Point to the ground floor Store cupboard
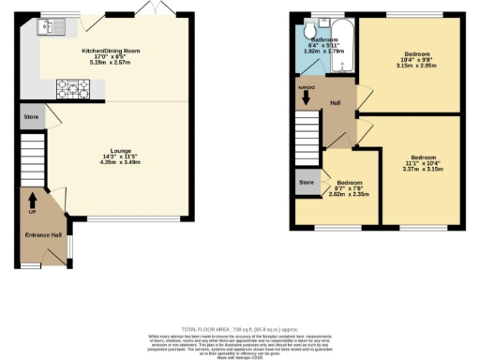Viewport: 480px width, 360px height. pyautogui.click(x=31, y=119)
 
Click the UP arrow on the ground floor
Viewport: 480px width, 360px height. pyautogui.click(x=33, y=201)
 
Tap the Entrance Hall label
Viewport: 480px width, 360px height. pyautogui.click(x=37, y=234)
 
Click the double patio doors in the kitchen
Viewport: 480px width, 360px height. pyautogui.click(x=148, y=9)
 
